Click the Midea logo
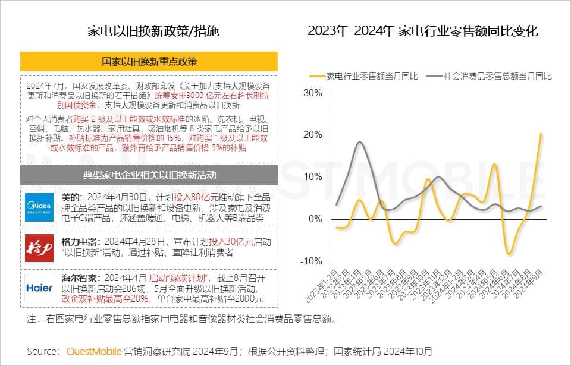pos(39,207)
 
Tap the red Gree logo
pos(39,248)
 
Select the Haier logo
pos(39,288)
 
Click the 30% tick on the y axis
pos(312,93)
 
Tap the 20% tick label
pos(312,135)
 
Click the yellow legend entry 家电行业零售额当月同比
pos(364,76)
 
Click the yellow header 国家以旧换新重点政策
pos(149,61)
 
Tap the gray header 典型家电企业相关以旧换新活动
pos(149,175)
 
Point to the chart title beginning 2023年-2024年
pos(423,31)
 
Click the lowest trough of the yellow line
pos(509,254)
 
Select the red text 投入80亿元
pos(194,197)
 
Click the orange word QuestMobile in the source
pos(94,351)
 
